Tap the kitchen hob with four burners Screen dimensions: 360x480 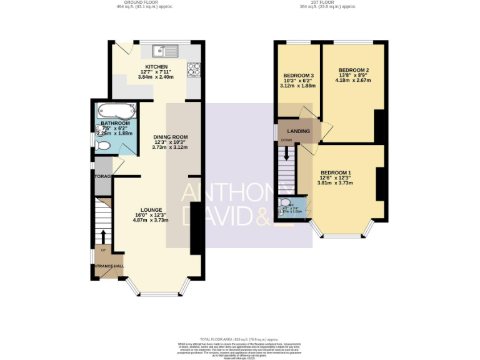194,69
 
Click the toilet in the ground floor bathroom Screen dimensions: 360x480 103,146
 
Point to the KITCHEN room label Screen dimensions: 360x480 156,66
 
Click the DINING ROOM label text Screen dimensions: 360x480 171,137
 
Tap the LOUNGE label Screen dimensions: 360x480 151,209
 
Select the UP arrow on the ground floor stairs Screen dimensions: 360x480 103,236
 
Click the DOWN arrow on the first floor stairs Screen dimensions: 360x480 287,153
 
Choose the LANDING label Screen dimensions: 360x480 298,131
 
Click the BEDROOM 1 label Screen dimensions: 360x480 336,172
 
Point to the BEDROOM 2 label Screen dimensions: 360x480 354,70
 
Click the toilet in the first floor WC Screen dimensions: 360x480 286,203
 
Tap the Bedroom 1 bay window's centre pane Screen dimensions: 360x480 342,236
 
